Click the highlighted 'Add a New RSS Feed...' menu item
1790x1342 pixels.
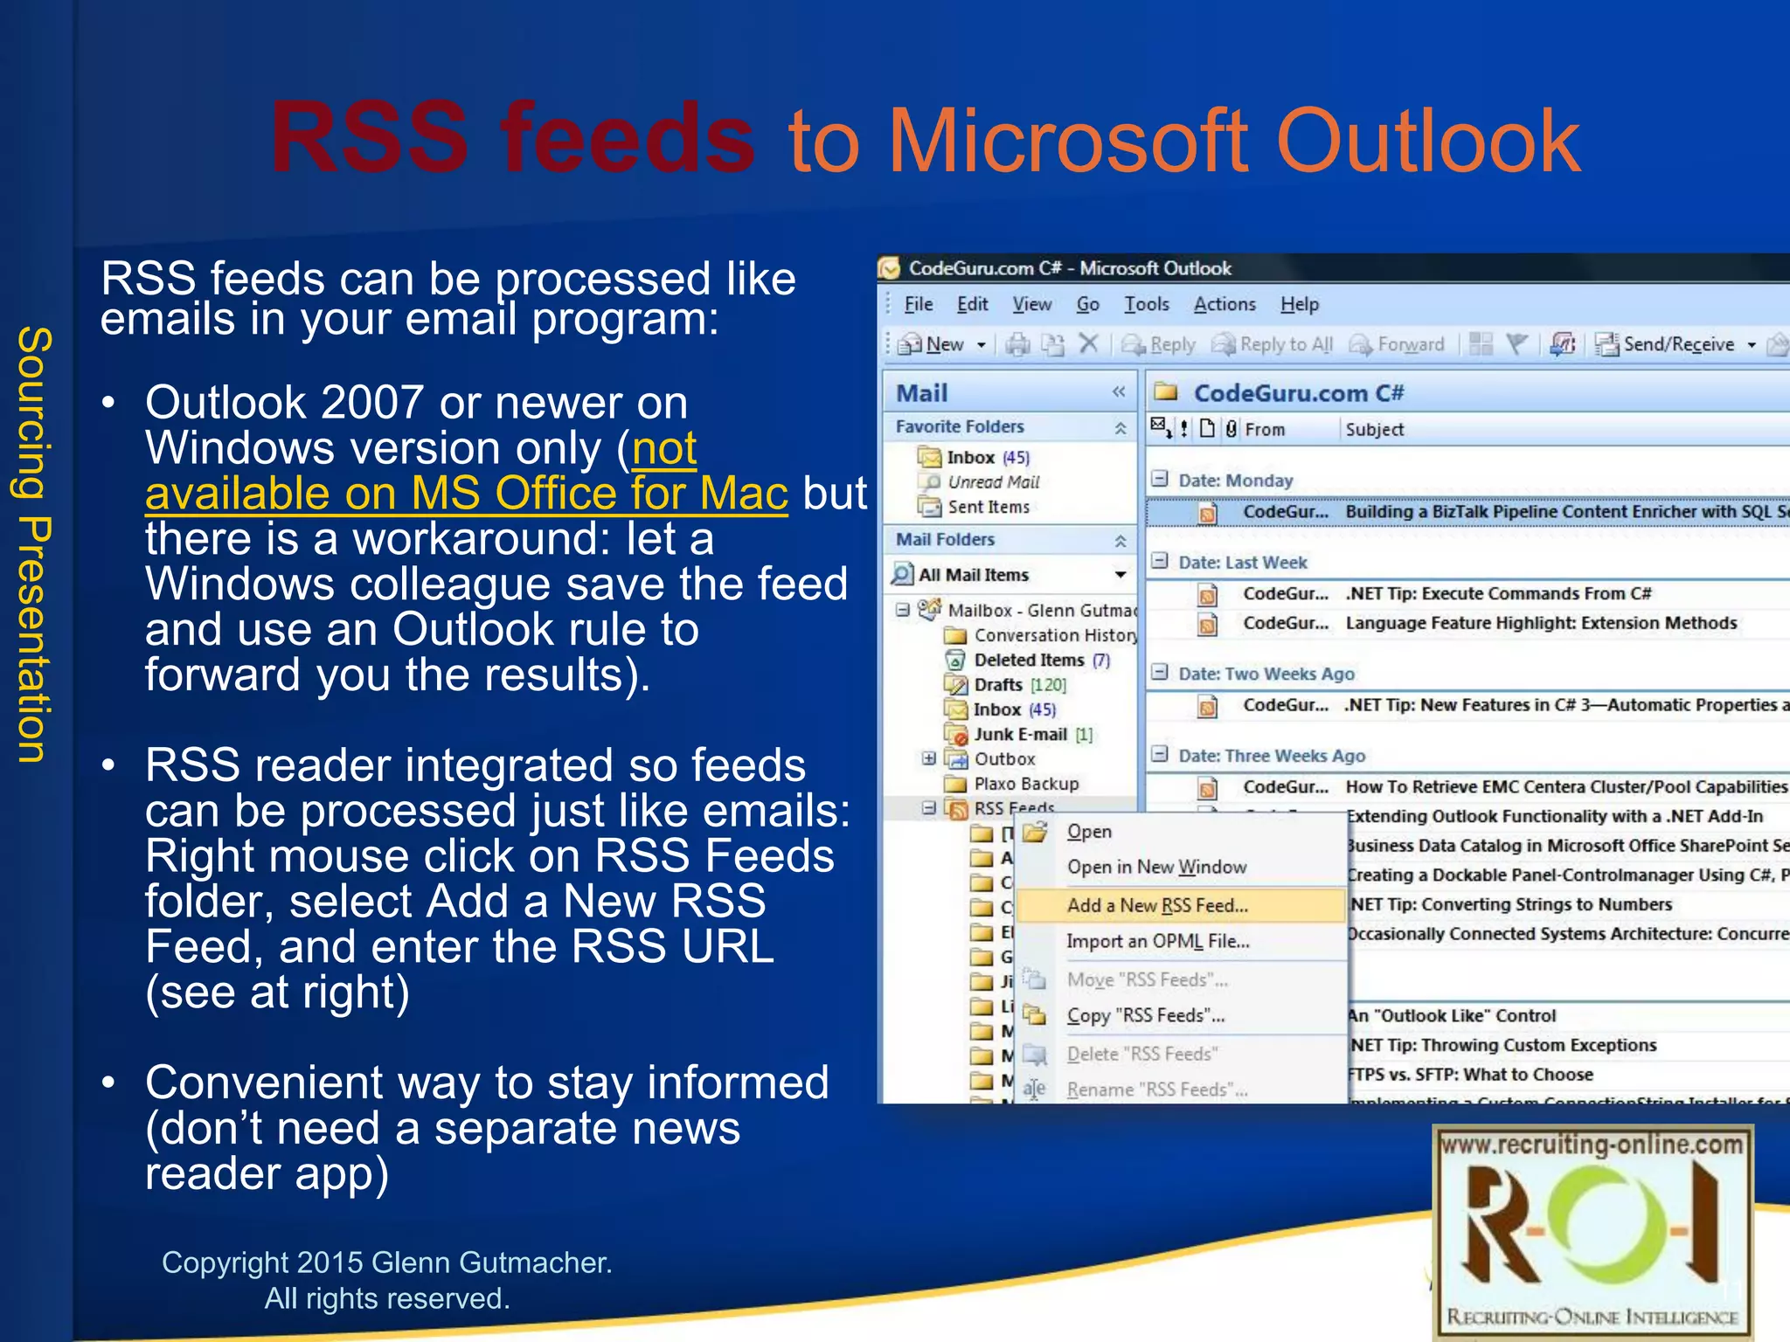point(1157,905)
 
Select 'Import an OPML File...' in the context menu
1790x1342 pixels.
point(1157,941)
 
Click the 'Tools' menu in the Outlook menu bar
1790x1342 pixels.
point(1146,304)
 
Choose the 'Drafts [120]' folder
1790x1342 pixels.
point(1018,685)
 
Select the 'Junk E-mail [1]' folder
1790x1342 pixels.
point(1031,735)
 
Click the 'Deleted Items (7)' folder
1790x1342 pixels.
point(1040,661)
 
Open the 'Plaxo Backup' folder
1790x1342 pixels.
point(1025,784)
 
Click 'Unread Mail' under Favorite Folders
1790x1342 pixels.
point(993,482)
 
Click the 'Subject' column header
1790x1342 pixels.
point(1374,429)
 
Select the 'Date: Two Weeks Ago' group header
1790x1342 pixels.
point(1266,674)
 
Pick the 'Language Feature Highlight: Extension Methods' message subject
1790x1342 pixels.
point(1540,623)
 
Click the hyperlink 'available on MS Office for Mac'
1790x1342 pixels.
point(466,494)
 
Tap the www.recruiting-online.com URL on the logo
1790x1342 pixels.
point(1592,1145)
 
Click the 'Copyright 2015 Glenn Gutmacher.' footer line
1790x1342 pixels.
point(386,1262)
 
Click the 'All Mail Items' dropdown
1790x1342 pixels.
point(1009,575)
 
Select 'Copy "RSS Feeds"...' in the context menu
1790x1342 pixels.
point(1145,1015)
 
